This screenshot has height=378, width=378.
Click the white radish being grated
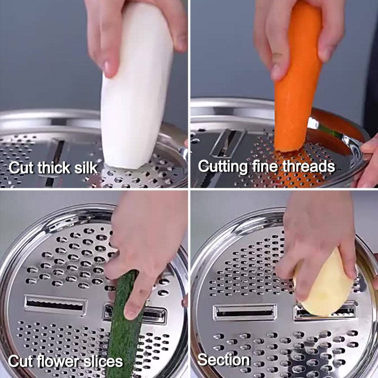click(x=136, y=91)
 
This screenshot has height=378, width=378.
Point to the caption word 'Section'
click(x=223, y=360)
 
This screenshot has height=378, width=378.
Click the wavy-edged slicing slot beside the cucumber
click(x=56, y=305)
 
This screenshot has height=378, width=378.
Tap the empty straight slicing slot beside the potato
click(x=245, y=313)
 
